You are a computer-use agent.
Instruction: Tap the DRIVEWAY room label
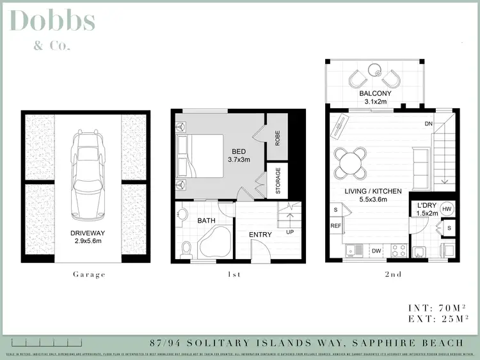[88, 233]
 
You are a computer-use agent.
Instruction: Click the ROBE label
[277, 139]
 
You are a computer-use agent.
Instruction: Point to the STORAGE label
[278, 181]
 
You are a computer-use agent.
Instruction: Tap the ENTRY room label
[260, 235]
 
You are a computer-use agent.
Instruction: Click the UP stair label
[290, 232]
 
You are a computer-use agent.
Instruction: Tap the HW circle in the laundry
[447, 209]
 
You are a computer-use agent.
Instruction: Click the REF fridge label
[335, 226]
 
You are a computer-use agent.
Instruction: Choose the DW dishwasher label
[376, 251]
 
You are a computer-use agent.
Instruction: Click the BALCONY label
[375, 94]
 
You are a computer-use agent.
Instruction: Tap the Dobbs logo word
[52, 20]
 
